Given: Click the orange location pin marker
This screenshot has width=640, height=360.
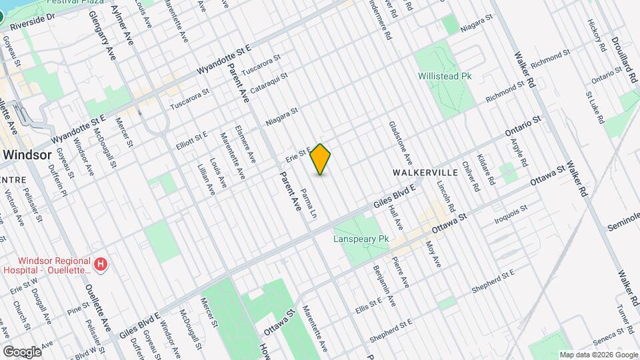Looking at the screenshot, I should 321,159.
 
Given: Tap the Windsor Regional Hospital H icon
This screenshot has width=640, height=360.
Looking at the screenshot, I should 101,265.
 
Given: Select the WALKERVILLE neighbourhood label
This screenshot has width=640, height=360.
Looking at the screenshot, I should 425,172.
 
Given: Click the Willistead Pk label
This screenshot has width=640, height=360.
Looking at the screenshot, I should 444,77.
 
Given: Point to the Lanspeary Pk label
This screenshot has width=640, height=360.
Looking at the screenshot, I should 361,238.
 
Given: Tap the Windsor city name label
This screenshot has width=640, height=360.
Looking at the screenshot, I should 26,155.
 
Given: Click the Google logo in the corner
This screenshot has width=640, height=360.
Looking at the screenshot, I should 21,351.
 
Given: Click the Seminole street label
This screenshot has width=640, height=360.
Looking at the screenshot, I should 623,221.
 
